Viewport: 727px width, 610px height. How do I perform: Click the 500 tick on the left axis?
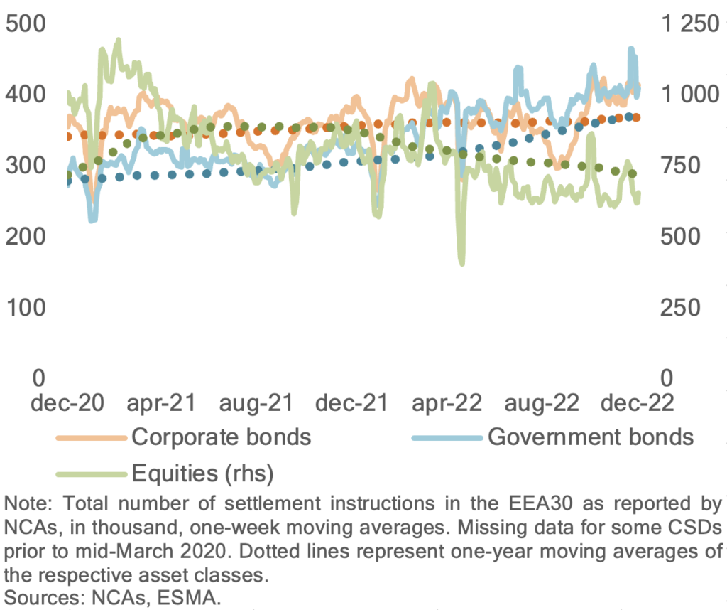click(x=26, y=23)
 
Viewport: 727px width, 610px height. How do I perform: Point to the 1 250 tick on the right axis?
click(x=690, y=23)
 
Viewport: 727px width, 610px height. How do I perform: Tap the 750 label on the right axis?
click(x=680, y=165)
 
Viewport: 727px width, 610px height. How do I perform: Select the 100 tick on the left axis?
click(x=26, y=307)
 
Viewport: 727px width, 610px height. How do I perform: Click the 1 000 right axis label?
click(x=690, y=95)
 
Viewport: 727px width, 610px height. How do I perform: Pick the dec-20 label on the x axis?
click(x=67, y=403)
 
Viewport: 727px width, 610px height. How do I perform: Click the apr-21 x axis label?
click(x=162, y=403)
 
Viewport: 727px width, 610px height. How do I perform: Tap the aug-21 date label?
click(x=256, y=403)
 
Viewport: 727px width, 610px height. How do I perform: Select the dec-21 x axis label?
click(x=351, y=403)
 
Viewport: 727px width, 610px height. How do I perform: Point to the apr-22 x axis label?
click(x=447, y=403)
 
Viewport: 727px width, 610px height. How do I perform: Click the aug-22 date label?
click(x=542, y=403)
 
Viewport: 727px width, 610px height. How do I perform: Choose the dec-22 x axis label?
click(x=638, y=403)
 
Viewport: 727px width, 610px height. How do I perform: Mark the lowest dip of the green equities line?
click(x=461, y=264)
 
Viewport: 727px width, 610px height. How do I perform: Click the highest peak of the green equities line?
click(x=119, y=40)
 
